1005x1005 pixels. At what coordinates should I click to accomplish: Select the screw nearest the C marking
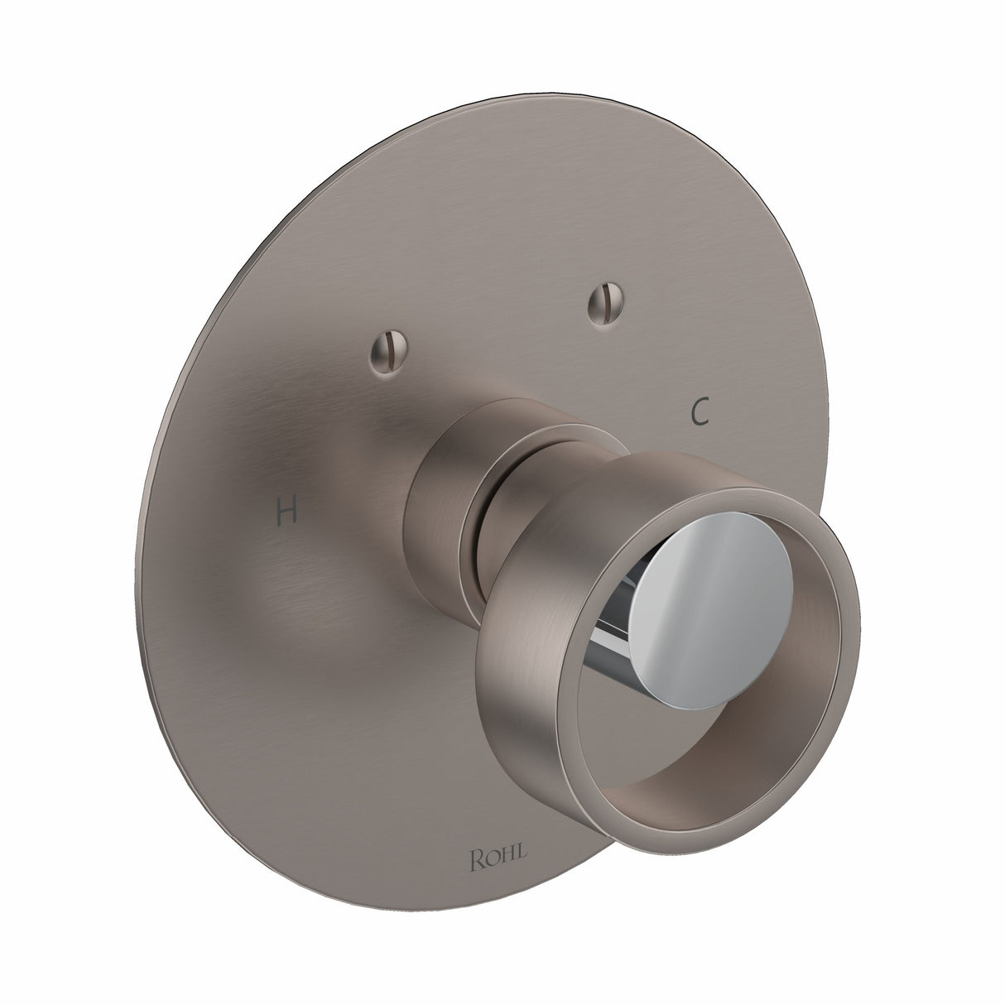coord(599,305)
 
